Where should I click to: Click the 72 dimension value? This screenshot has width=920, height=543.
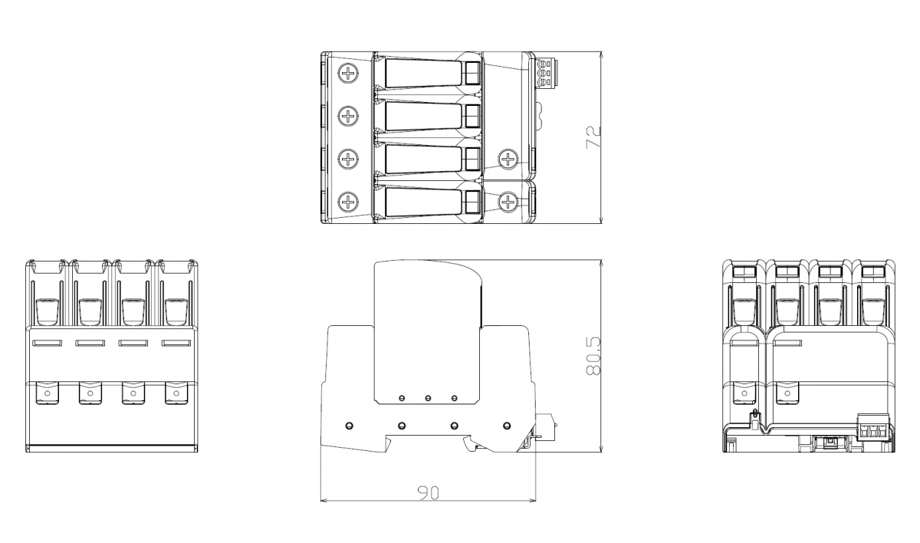[593, 137]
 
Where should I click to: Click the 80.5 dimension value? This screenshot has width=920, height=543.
[593, 356]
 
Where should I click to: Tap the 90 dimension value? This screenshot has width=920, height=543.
[429, 492]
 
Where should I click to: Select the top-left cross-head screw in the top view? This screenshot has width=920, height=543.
[348, 74]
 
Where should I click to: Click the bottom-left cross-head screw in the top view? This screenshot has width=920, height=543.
[348, 202]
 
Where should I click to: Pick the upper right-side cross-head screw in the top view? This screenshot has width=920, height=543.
[508, 159]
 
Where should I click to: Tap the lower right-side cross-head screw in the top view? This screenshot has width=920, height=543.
[508, 202]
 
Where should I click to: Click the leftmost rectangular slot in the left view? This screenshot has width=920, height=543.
[48, 343]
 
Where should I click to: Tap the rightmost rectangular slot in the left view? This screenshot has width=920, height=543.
[176, 343]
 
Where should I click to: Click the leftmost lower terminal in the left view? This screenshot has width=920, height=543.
[48, 393]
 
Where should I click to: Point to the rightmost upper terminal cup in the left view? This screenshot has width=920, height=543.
[176, 311]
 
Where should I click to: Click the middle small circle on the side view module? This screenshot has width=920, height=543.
[428, 398]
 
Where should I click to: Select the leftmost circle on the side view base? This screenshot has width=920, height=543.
[349, 426]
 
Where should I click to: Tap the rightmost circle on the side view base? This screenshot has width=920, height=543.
[507, 426]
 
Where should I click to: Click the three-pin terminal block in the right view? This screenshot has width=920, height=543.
[873, 428]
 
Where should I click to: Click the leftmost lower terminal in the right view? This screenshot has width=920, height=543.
[744, 393]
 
